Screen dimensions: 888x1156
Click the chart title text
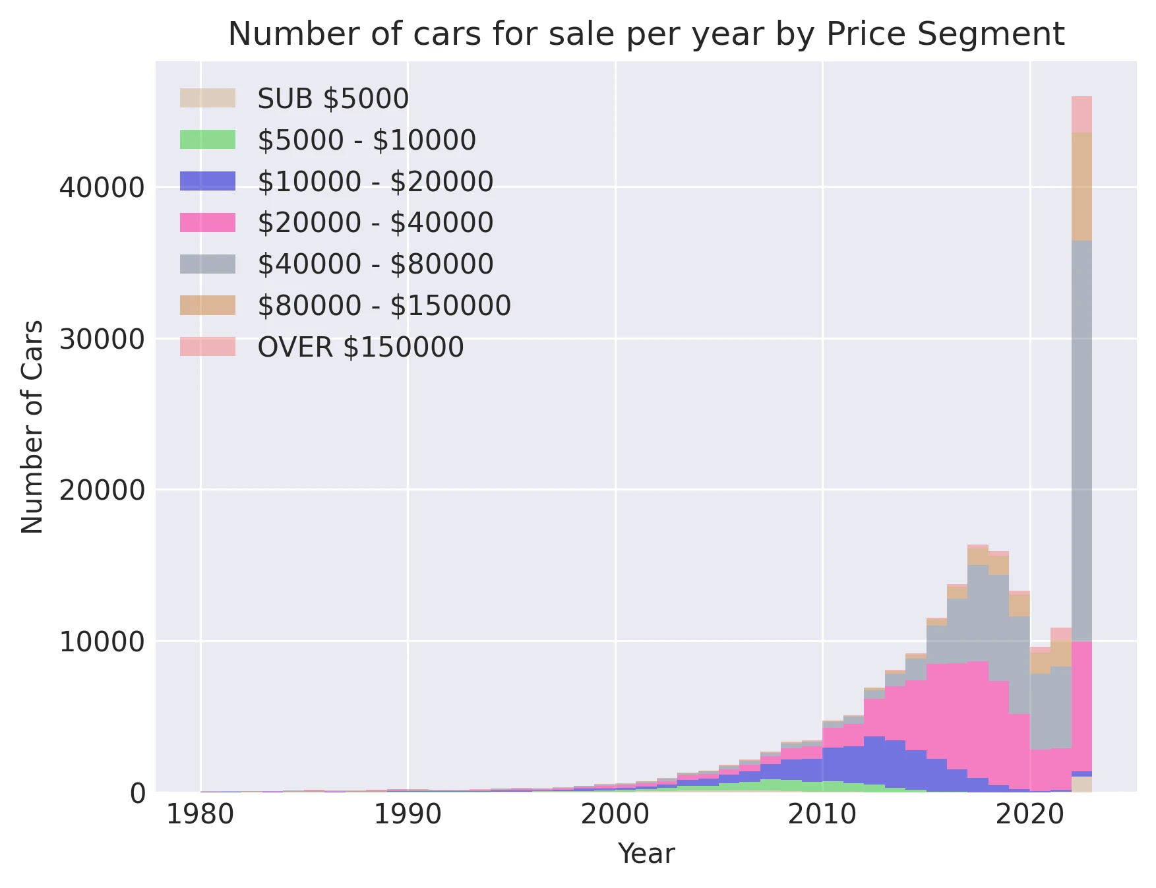pos(646,34)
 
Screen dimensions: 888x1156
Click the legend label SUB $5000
pos(333,99)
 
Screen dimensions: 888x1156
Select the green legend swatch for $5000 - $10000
pos(207,140)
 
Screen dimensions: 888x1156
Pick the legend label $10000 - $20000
pos(375,181)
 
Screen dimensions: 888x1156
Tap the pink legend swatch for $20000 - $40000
pos(207,223)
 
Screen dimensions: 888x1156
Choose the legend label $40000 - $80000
pos(375,264)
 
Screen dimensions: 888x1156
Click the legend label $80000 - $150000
pos(384,305)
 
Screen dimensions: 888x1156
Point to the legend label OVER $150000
pos(361,347)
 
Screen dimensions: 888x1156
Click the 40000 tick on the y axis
pos(102,188)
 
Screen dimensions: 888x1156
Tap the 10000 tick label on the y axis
pos(102,641)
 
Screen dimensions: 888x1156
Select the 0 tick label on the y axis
pos(137,793)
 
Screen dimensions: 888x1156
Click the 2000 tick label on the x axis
pos(615,815)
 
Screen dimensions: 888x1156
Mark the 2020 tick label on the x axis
pos(1029,815)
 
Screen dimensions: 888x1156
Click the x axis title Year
pos(646,854)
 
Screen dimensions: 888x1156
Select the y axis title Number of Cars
pos(32,427)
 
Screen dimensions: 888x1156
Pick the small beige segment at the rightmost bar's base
pos(1081,784)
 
